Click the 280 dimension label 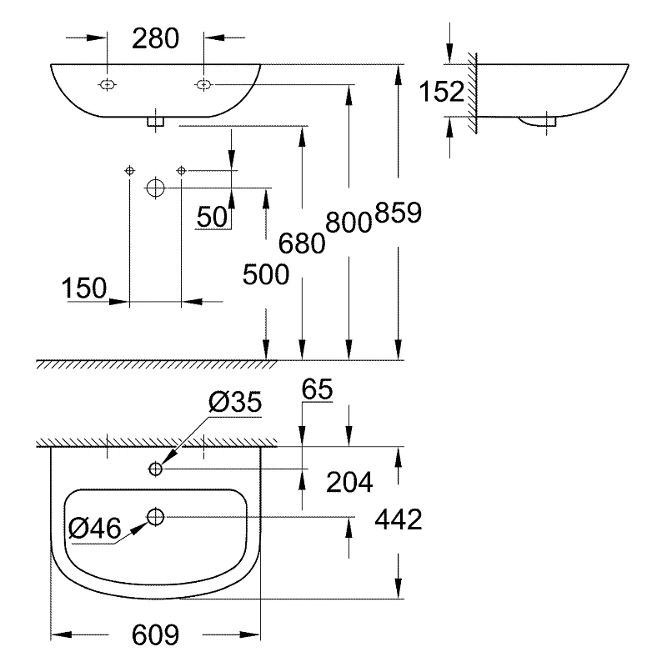click(156, 38)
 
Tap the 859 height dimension click(399, 213)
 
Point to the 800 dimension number click(348, 221)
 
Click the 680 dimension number click(301, 243)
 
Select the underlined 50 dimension click(212, 217)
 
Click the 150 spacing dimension click(84, 288)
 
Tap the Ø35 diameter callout click(235, 404)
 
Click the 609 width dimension click(156, 635)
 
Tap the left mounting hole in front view click(108, 84)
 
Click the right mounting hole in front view click(203, 84)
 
